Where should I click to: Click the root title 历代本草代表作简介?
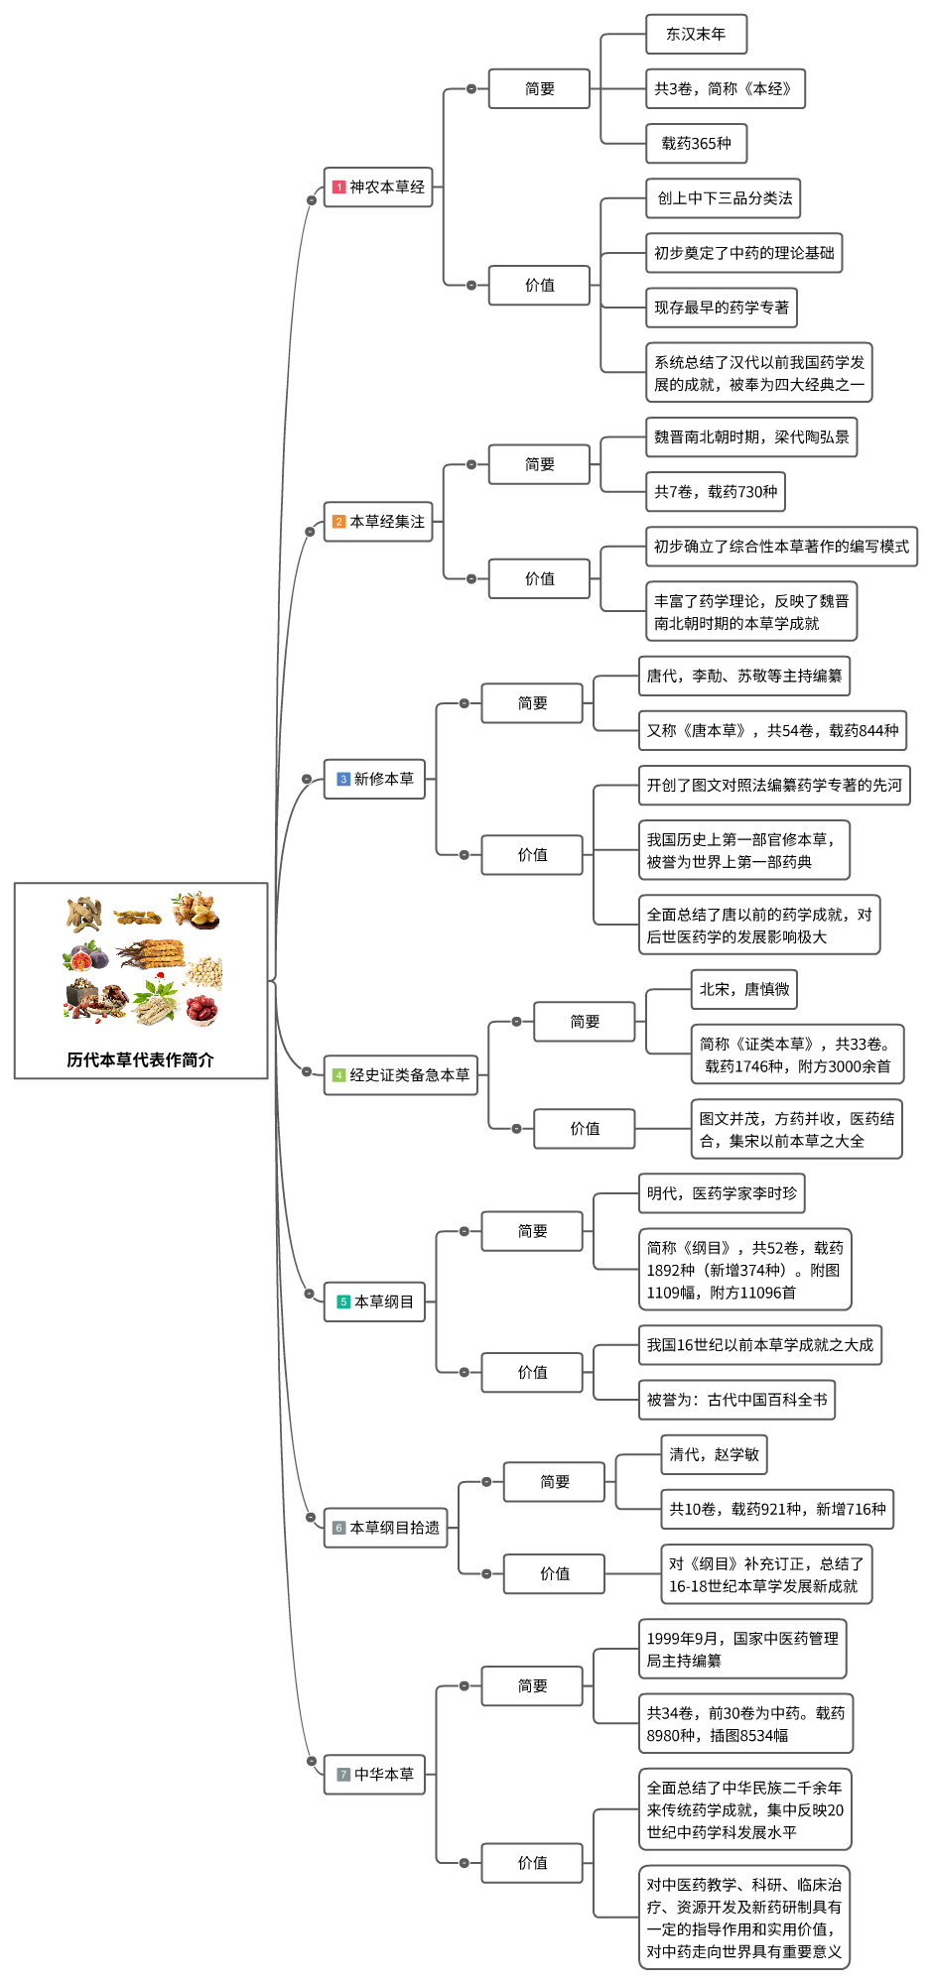[x=140, y=1059]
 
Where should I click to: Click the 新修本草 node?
[x=374, y=779]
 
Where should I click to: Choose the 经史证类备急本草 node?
[x=400, y=1075]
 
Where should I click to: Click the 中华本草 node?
[x=374, y=1774]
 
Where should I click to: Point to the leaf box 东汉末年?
[x=696, y=34]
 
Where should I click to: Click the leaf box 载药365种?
[x=696, y=144]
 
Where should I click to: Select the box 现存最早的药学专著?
[x=722, y=308]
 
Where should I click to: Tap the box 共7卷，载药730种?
[x=716, y=491]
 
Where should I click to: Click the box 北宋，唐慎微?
[x=744, y=989]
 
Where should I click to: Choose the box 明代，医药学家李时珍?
[x=722, y=1193]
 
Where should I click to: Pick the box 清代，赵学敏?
[x=714, y=1454]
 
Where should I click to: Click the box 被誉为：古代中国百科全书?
[x=736, y=1400]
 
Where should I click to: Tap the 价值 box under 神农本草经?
[x=539, y=285]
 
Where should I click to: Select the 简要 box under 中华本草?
[x=532, y=1685]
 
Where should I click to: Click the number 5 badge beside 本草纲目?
[x=343, y=1302]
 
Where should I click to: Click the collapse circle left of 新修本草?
[x=307, y=779]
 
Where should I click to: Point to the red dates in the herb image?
[x=201, y=1009]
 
